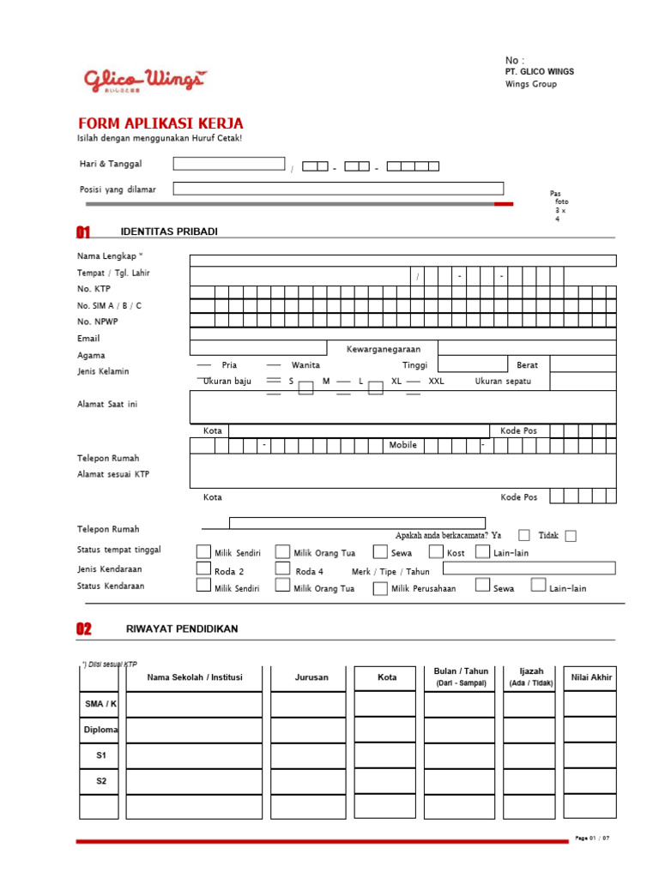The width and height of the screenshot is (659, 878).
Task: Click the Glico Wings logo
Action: pos(144,80)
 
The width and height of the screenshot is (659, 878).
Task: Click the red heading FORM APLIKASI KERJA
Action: pos(160,123)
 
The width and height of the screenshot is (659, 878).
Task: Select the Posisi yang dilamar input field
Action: pos(338,189)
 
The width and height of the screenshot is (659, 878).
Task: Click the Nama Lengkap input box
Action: pos(402,261)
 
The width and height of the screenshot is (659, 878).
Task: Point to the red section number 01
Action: pos(83,232)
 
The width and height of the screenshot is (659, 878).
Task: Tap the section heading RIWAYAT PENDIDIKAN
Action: pos(182,628)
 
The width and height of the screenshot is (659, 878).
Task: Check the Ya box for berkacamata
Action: pos(524,536)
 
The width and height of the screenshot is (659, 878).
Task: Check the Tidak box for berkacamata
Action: pos(571,536)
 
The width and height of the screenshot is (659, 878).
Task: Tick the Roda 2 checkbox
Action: pos(203,568)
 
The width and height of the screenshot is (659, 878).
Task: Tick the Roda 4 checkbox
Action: pos(282,568)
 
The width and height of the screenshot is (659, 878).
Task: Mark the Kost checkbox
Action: pos(436,552)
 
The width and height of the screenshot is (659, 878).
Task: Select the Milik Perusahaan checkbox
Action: pos(380,588)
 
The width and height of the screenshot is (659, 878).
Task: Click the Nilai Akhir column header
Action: pos(589,677)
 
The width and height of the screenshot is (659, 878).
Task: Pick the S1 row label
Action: pos(100,755)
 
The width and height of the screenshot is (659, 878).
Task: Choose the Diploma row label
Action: pos(100,730)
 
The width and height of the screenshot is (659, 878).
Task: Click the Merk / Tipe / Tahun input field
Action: pos(529,568)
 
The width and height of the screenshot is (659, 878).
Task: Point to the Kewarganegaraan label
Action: pos(382,349)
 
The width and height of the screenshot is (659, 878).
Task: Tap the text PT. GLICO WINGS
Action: pos(540,72)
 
